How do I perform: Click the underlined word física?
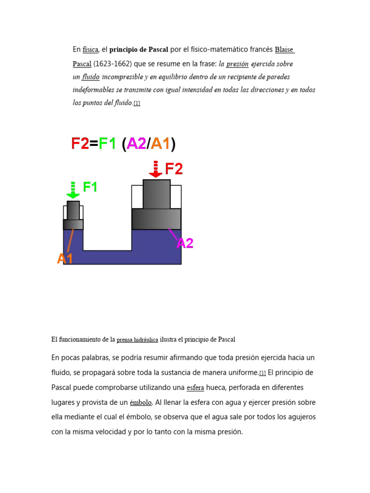[91, 50]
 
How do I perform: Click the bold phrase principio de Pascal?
[139, 50]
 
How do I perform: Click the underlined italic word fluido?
[91, 77]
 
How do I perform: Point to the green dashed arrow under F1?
[73, 190]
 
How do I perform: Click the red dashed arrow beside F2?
[156, 169]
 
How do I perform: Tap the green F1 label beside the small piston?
[90, 187]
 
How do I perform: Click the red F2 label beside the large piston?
[174, 169]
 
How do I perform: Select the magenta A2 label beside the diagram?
[185, 243]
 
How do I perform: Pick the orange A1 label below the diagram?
[65, 259]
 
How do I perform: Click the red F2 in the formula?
[80, 143]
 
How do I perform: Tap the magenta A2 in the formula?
[136, 143]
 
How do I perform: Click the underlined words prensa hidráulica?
[137, 340]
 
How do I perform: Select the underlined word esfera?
[195, 388]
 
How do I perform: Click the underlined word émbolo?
[141, 402]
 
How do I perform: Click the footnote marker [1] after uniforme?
[263, 373]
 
